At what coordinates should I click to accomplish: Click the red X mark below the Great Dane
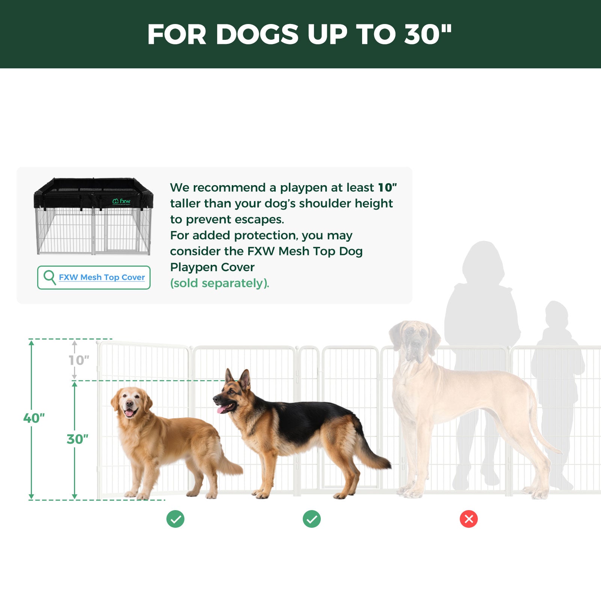pos(468,519)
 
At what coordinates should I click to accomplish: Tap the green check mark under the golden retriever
pos(175,519)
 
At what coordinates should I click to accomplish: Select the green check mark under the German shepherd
pos(312,519)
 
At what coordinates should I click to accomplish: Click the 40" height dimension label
pos(34,418)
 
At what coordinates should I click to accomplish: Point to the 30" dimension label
pos(77,439)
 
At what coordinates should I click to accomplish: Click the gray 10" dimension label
pos(79,360)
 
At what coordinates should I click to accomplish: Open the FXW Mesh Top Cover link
pos(102,277)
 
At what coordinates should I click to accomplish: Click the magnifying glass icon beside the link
pos(50,278)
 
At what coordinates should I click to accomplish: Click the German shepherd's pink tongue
pos(221,409)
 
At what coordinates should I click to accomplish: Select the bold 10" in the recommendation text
pos(387,187)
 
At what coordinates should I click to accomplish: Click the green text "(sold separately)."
pos(220,283)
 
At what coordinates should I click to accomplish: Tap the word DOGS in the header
pos(257,35)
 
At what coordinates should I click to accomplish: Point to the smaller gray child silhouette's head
pos(556,314)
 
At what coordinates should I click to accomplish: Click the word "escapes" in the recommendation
pos(259,219)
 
